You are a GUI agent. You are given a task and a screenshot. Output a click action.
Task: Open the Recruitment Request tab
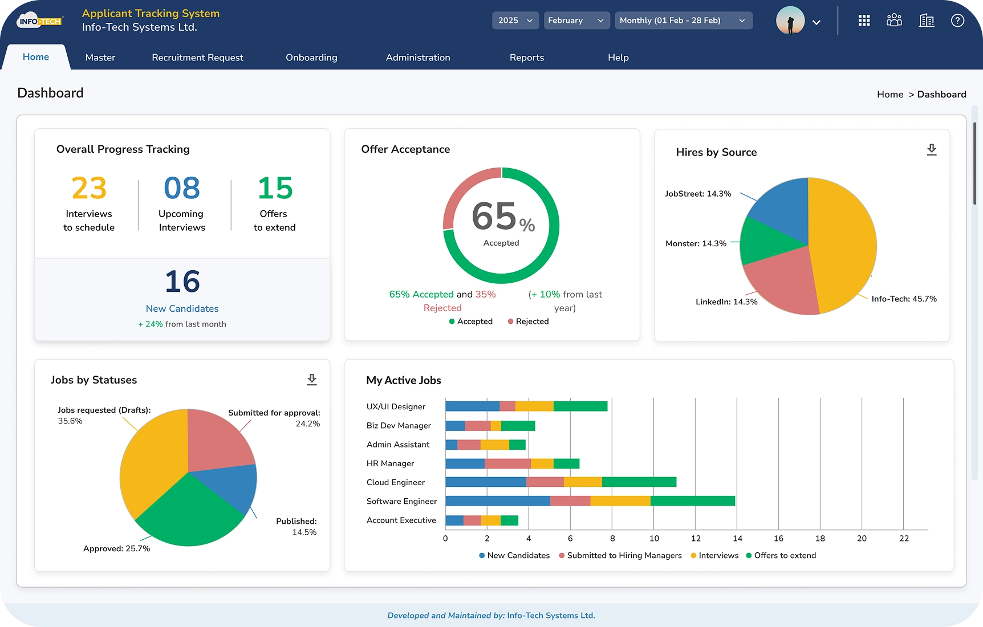click(197, 58)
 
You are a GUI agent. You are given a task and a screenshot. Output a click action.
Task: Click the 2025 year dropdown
click(515, 21)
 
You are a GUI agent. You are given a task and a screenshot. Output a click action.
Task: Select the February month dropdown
click(576, 21)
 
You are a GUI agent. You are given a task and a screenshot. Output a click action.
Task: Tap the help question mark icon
click(957, 21)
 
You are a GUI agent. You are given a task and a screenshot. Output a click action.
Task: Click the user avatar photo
click(790, 21)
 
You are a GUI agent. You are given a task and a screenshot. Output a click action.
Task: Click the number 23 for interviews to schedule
click(89, 188)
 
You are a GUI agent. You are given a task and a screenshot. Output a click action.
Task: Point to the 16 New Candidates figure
click(182, 282)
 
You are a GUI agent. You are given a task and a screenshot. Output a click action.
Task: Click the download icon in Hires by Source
click(931, 150)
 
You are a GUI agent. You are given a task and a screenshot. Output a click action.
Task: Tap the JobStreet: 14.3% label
click(698, 194)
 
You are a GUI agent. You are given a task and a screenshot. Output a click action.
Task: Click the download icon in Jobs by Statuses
click(311, 380)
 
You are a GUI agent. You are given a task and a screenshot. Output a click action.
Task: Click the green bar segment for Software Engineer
click(692, 501)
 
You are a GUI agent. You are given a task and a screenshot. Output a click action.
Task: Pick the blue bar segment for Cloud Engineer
click(485, 482)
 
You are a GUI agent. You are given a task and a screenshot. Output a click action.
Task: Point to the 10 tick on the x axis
click(654, 538)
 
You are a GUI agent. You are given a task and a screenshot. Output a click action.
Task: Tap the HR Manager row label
click(390, 463)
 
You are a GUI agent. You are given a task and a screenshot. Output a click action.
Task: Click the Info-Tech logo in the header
click(39, 21)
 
